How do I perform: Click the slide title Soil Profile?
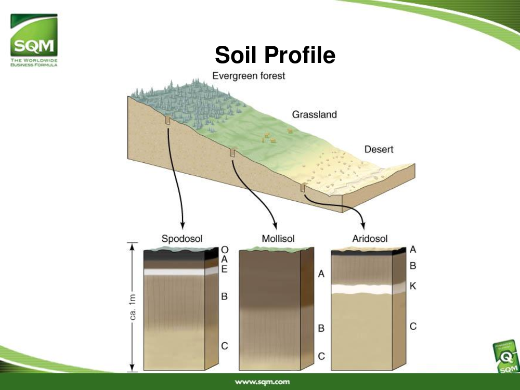click(275, 55)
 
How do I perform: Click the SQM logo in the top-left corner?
click(34, 40)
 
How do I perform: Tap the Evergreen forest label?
click(249, 76)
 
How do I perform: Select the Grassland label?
click(315, 114)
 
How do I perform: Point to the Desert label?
click(379, 149)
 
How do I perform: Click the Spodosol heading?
click(181, 239)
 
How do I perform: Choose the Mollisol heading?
click(278, 239)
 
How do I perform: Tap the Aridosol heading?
click(370, 239)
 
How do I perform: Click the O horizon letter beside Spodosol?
click(225, 250)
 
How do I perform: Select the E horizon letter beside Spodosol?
click(225, 269)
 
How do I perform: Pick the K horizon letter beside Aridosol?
click(413, 286)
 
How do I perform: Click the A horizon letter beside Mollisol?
click(321, 274)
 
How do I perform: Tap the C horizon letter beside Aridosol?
click(413, 327)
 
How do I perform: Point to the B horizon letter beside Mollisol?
click(321, 328)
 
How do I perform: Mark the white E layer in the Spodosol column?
click(174, 272)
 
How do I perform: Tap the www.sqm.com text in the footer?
click(262, 382)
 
